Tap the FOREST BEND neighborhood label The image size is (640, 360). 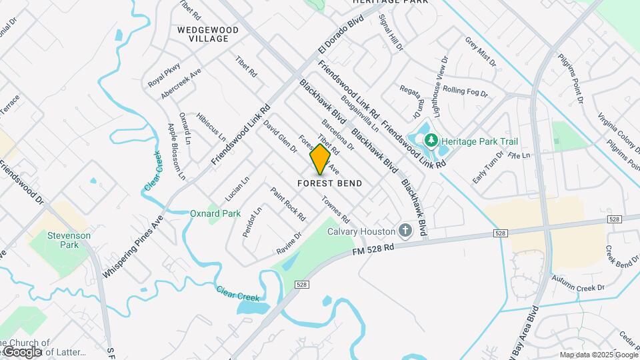tap(329, 183)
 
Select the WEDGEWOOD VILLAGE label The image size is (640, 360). tap(203, 34)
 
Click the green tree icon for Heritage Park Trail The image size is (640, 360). tap(431, 141)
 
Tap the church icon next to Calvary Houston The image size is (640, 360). tap(405, 231)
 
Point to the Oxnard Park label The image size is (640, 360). tap(215, 213)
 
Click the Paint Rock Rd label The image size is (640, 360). tap(288, 204)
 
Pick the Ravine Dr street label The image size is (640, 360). tap(289, 244)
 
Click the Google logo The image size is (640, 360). tap(22, 351)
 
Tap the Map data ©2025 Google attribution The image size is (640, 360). tap(598, 355)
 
